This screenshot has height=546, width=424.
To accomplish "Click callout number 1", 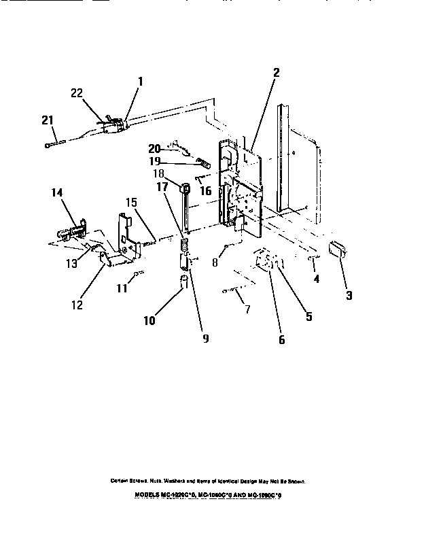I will (141, 82).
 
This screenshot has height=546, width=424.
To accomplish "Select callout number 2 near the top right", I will (276, 73).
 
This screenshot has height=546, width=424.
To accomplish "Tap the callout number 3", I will (348, 295).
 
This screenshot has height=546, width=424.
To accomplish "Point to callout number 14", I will (56, 194).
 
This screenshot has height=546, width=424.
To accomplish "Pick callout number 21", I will (47, 120).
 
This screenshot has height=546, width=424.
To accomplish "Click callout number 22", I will (77, 94).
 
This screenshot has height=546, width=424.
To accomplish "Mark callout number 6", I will (281, 339).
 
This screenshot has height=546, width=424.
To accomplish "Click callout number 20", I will (154, 149).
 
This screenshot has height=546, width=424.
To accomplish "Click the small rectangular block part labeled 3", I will (337, 250).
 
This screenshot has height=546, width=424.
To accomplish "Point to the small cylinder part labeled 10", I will (183, 281).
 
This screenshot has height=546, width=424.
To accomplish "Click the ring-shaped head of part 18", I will (184, 187).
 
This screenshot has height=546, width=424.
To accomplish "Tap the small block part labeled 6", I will (266, 262).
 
